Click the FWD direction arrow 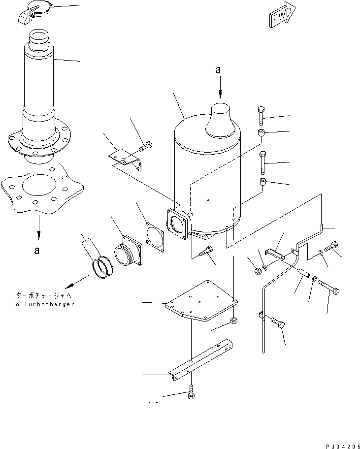pos(283,14)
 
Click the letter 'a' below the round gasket pos(36,251)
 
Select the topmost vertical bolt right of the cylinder pos(261,116)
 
